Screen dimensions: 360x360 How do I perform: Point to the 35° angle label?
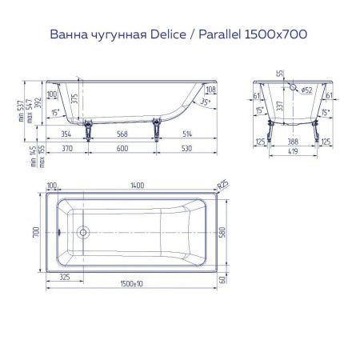pos(207,104)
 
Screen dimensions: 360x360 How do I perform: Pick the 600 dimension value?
pos(122,149)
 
